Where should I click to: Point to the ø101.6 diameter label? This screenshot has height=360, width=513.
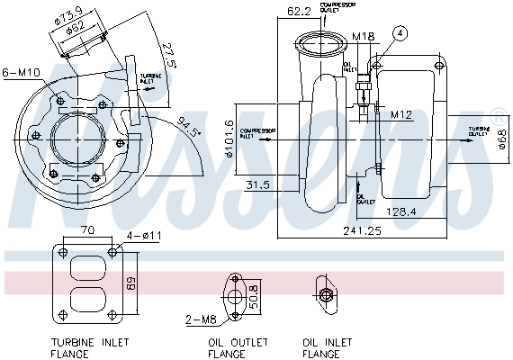point(230,138)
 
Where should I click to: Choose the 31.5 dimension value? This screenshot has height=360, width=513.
point(257,184)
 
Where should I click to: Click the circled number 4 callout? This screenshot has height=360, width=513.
point(399,33)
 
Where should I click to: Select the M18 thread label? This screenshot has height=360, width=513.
point(363,37)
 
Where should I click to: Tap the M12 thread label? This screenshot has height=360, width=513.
point(400,114)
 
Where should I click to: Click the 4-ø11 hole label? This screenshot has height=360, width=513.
point(143,236)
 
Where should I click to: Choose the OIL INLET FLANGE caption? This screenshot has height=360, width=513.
point(323,347)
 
